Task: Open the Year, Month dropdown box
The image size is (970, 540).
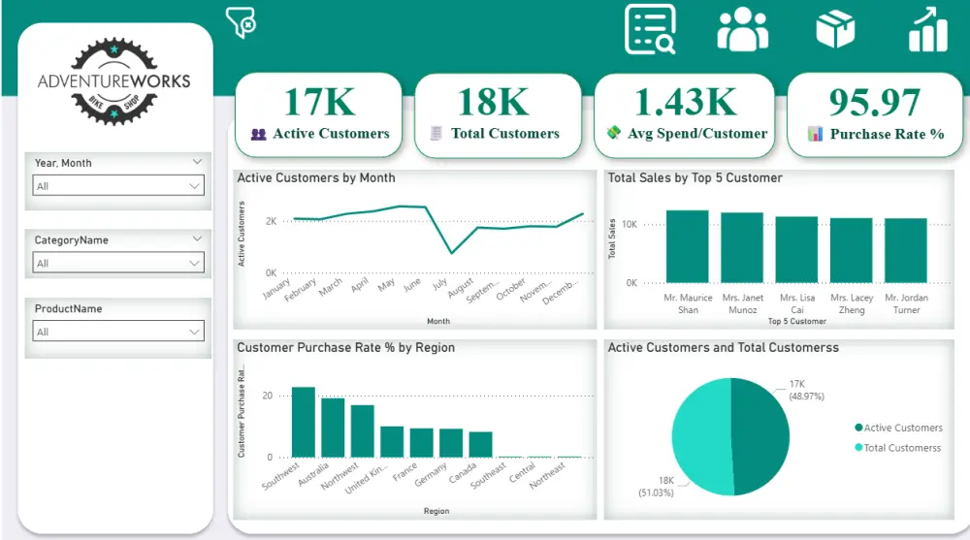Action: (x=117, y=185)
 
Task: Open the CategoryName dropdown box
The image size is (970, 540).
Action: (x=117, y=263)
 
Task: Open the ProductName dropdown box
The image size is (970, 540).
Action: (x=117, y=332)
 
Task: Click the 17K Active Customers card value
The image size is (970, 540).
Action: (x=319, y=101)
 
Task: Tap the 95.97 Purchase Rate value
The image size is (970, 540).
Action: (x=874, y=102)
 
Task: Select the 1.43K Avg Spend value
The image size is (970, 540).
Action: (x=685, y=101)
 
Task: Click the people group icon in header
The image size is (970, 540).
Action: (x=742, y=30)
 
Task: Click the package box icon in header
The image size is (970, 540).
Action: (x=834, y=30)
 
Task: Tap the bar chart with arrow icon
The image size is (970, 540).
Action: (x=928, y=30)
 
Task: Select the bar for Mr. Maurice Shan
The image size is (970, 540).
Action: (x=687, y=246)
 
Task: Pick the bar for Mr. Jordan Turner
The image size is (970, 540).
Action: (x=905, y=250)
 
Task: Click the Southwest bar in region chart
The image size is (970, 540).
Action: (x=304, y=422)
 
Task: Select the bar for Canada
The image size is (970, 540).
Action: (x=481, y=444)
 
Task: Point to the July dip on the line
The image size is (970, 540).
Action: (x=451, y=253)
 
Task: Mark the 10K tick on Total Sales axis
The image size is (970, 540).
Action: (x=630, y=224)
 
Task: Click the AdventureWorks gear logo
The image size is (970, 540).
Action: (x=114, y=81)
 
